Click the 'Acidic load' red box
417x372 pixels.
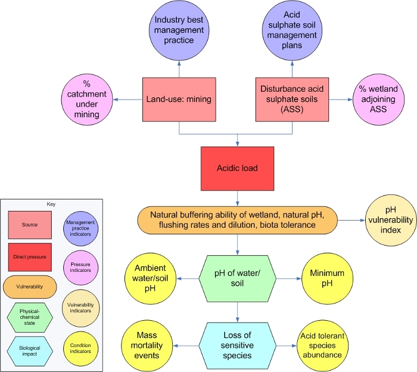(238, 168)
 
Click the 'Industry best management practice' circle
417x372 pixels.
(179, 30)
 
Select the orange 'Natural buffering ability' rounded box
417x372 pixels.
(238, 221)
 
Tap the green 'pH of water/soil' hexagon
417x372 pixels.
(238, 278)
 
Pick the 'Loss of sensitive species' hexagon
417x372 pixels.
(238, 345)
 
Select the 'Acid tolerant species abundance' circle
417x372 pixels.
(327, 345)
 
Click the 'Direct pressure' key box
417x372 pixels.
(30, 256)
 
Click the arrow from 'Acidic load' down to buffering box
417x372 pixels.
(238, 197)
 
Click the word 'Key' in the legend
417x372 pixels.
(51, 204)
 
